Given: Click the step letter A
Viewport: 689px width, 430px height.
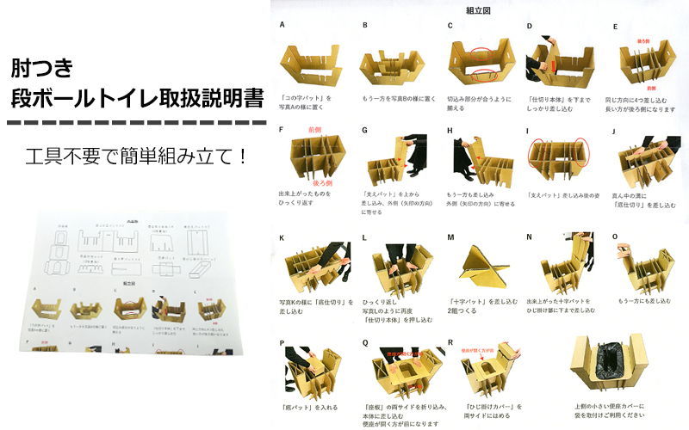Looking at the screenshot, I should pos(282,25).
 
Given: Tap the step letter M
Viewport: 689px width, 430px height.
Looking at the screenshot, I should pos(450,236).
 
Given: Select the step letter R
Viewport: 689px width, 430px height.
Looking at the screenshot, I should pos(450,341).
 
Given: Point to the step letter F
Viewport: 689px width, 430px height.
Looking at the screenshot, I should pos(282,130).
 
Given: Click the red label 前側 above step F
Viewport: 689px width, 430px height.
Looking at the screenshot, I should pos(303,131).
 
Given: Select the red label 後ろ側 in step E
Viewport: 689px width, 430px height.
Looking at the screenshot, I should pos(643,40).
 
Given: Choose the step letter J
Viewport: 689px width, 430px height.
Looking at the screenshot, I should pos(614,130).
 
